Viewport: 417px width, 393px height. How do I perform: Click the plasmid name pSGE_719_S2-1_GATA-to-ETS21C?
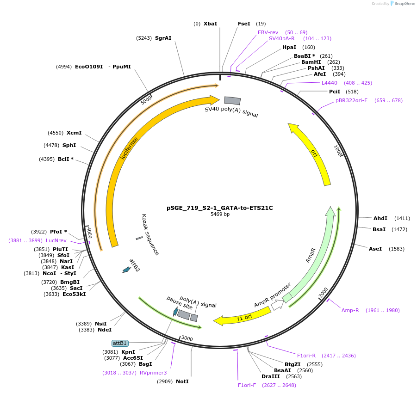pyautogui.click(x=219, y=208)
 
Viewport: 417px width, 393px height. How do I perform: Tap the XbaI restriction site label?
pyautogui.click(x=210, y=24)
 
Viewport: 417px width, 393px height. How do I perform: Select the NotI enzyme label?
pyautogui.click(x=182, y=381)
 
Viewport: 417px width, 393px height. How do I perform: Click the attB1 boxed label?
pyautogui.click(x=120, y=343)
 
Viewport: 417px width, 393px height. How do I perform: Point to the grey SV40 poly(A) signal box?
pyautogui.click(x=232, y=100)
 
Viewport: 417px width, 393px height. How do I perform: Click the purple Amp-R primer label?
pyautogui.click(x=350, y=310)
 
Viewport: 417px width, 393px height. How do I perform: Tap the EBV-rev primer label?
pyautogui.click(x=268, y=32)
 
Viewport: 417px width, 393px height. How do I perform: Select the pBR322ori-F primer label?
pyautogui.click(x=351, y=100)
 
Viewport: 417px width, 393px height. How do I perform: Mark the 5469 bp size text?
pyautogui.click(x=220, y=215)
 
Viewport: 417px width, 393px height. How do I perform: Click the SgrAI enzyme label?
pyautogui.click(x=163, y=38)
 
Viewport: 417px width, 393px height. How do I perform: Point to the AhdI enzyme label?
pyautogui.click(x=380, y=218)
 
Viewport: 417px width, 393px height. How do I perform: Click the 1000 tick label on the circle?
pyautogui.click(x=338, y=151)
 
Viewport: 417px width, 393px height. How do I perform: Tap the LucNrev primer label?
pyautogui.click(x=56, y=240)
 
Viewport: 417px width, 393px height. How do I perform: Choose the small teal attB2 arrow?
pyautogui.click(x=126, y=270)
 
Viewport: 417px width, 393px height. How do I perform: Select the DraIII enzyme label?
pyautogui.click(x=271, y=376)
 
